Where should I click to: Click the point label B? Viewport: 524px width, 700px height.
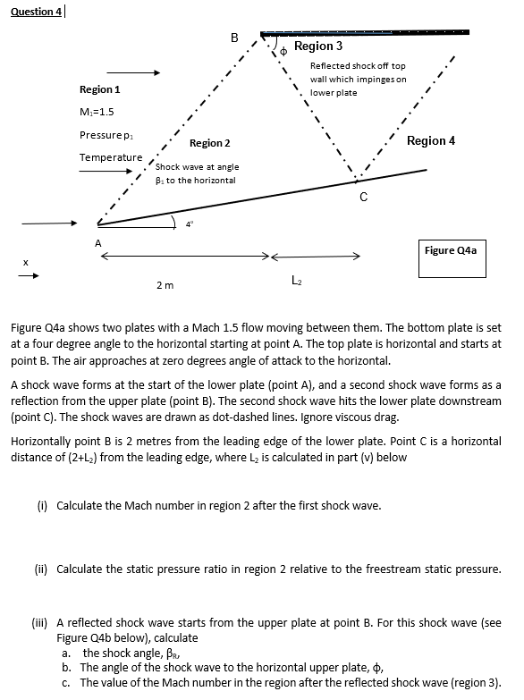pyautogui.click(x=234, y=38)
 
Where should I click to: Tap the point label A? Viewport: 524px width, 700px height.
pyautogui.click(x=98, y=241)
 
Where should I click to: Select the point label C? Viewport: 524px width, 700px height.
pyautogui.click(x=362, y=197)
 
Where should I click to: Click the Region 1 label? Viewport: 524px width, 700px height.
pyautogui.click(x=100, y=89)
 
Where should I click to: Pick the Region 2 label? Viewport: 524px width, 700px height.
pyautogui.click(x=210, y=143)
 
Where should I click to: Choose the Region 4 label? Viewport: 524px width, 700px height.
pyautogui.click(x=431, y=141)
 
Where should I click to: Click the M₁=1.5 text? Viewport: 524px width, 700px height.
pyautogui.click(x=97, y=111)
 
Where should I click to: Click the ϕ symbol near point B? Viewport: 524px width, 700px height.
pyautogui.click(x=283, y=52)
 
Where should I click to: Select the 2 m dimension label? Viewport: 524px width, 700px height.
pyautogui.click(x=165, y=285)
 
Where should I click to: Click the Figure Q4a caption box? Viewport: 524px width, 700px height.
pyautogui.click(x=452, y=250)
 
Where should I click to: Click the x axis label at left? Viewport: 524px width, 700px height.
pyautogui.click(x=25, y=262)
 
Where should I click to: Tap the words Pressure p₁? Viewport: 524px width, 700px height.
pyautogui.click(x=106, y=134)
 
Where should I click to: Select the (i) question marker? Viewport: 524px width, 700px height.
pyautogui.click(x=43, y=506)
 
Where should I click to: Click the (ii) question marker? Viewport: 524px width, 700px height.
pyautogui.click(x=43, y=569)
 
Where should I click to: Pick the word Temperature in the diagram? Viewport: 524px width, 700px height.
pyautogui.click(x=111, y=157)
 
